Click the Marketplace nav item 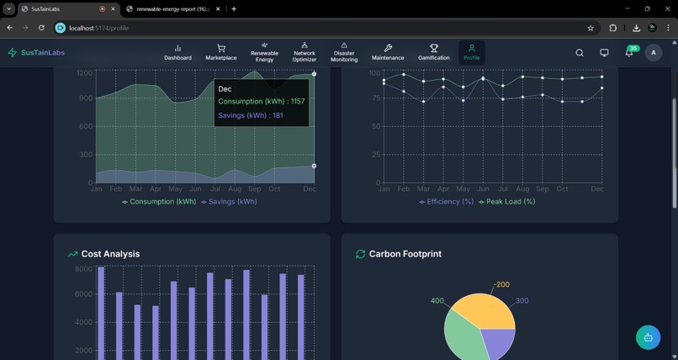point(221,53)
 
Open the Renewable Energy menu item point(264,53)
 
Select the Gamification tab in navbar point(434,53)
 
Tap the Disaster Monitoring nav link point(344,53)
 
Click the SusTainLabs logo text point(42,53)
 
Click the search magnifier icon point(580,53)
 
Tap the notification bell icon point(628,53)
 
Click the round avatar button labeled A point(654,53)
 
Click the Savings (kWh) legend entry point(229,202)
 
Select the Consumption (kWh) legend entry point(159,202)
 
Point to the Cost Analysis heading point(110,254)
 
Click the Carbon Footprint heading point(405,254)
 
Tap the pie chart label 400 point(437,301)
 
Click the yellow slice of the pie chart point(484,311)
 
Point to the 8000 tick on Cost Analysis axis point(83,269)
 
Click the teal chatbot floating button point(648,337)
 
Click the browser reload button point(41,28)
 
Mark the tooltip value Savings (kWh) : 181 point(251,115)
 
